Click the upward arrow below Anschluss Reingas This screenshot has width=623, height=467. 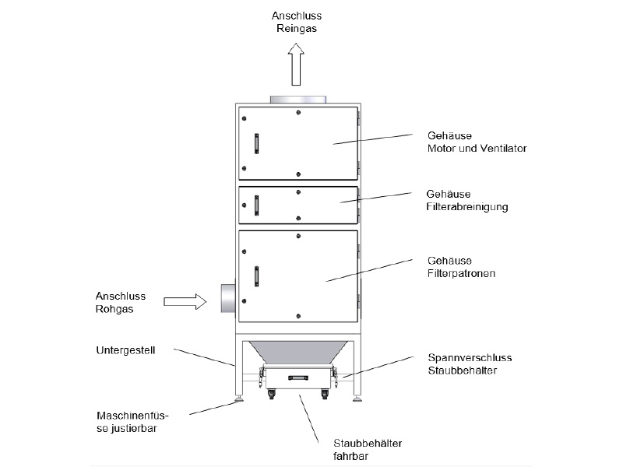pos(295,64)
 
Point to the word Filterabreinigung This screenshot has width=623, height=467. pos(467,206)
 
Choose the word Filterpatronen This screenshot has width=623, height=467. pos(462,273)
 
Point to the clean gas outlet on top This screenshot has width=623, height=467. pos(298,99)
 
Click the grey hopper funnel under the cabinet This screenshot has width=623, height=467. pos(298,351)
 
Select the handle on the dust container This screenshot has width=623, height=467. pos(298,377)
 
